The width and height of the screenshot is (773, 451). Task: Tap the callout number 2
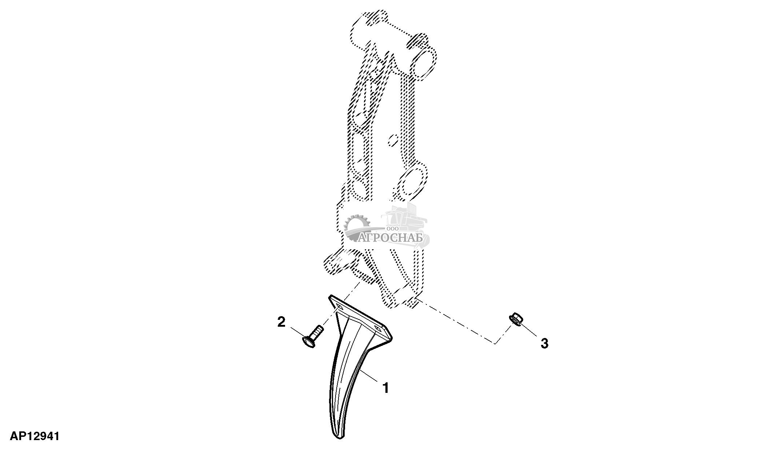pos(281,322)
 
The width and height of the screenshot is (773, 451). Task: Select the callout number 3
pos(544,343)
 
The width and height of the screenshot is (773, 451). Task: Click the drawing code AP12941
pos(35,436)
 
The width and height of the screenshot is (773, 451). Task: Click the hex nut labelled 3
pos(516,319)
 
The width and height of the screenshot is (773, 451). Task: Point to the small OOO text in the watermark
pos(393,229)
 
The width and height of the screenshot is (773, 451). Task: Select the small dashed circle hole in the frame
pos(393,141)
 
